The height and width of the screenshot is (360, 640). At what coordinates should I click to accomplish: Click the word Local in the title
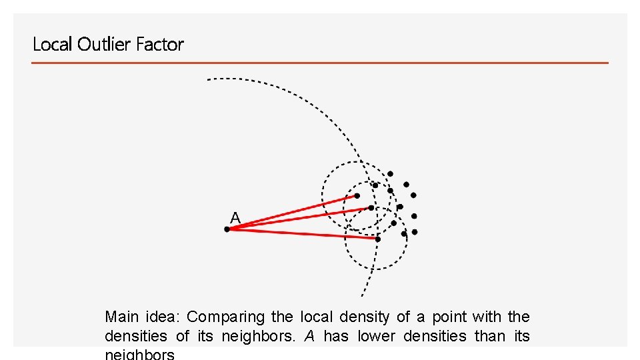pyautogui.click(x=53, y=45)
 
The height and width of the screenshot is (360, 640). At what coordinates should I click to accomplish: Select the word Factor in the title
pyautogui.click(x=159, y=45)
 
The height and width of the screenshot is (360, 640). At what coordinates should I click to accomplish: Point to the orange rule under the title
pyautogui.click(x=320, y=63)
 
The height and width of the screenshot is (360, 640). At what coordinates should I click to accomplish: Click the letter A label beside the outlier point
pyautogui.click(x=235, y=217)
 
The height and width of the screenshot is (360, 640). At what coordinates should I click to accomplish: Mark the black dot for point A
pyautogui.click(x=227, y=229)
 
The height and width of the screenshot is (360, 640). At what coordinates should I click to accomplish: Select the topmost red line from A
pyautogui.click(x=293, y=212)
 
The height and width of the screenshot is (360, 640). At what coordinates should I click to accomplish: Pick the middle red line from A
pyautogui.click(x=300, y=218)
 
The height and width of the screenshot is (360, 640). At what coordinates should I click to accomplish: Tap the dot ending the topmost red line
pyautogui.click(x=357, y=196)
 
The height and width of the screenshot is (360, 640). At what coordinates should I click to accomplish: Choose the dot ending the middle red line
pyautogui.click(x=371, y=207)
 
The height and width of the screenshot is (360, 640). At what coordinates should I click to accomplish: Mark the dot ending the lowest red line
pyautogui.click(x=377, y=238)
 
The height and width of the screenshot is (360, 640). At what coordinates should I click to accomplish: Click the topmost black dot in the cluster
pyautogui.click(x=391, y=174)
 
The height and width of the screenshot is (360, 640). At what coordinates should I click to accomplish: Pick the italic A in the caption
pyautogui.click(x=309, y=336)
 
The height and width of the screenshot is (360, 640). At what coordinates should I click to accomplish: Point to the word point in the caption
pyautogui.click(x=450, y=317)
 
